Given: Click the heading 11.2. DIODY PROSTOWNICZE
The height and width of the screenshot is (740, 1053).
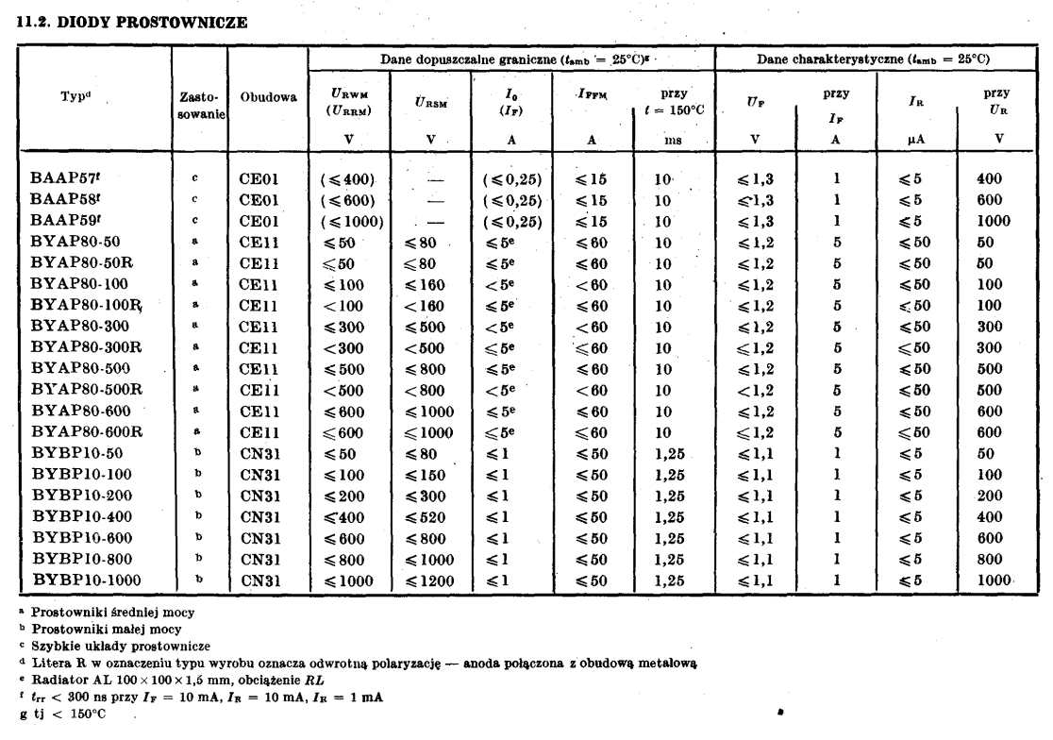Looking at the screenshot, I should [132, 24].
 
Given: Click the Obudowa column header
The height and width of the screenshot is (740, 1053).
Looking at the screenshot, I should [268, 96].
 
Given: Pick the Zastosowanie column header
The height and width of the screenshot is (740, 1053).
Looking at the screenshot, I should [200, 105].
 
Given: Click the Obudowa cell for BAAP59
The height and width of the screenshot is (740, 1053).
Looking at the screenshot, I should [259, 221].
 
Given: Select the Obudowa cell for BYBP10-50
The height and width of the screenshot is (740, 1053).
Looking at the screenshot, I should [259, 453].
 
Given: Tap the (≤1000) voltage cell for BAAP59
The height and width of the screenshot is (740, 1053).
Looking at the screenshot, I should [351, 221].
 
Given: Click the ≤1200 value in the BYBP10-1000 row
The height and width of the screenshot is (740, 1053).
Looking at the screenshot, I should [429, 580].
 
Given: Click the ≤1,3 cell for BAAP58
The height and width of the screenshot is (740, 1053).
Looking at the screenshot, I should [754, 199].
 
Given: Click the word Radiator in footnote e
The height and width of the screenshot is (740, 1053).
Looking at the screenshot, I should [58, 680].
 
